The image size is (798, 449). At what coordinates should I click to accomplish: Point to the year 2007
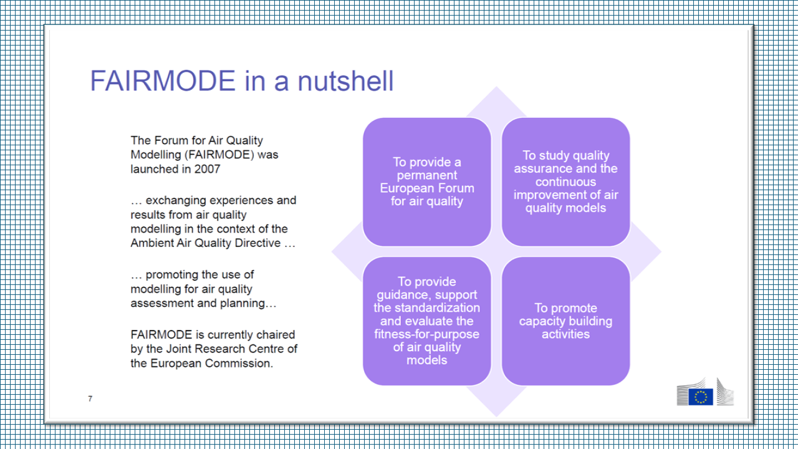(207, 169)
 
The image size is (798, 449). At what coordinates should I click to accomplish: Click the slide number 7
(90, 398)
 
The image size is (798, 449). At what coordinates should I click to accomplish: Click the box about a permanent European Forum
(427, 181)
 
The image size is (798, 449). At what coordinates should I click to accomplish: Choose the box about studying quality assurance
(565, 181)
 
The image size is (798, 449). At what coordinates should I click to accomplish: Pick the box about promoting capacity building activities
(565, 321)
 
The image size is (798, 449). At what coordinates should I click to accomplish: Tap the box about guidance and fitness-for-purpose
(427, 321)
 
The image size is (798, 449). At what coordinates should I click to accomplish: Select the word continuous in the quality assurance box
(565, 182)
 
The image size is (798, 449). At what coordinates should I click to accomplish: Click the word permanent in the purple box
(427, 175)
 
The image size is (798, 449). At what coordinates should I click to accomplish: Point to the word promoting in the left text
(173, 275)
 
